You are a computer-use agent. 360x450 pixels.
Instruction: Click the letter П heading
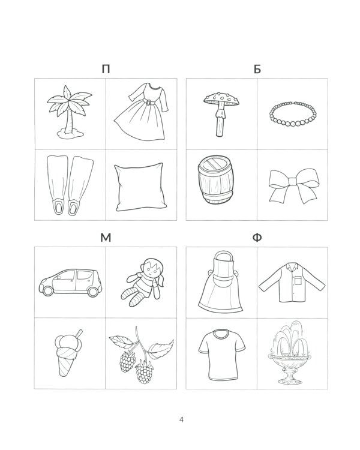106,69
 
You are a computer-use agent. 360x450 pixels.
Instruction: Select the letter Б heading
257,69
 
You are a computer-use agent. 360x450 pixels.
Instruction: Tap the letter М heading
106,238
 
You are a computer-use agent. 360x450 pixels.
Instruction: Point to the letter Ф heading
257,238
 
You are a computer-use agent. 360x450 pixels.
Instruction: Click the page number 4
181,419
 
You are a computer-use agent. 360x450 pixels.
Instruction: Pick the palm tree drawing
70,112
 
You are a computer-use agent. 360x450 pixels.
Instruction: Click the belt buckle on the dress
148,102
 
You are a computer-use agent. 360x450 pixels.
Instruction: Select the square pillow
140,187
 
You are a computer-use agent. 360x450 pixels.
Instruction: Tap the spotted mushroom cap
221,99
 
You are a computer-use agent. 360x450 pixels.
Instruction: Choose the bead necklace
293,113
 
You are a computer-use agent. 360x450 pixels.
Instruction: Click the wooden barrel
215,180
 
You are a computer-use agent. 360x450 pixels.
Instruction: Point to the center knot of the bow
293,182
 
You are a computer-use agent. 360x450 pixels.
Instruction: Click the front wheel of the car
47,291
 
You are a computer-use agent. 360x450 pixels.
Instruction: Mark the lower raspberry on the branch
145,372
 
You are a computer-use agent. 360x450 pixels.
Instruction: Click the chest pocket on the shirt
298,280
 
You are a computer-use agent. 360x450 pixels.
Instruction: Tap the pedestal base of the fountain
289,377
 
